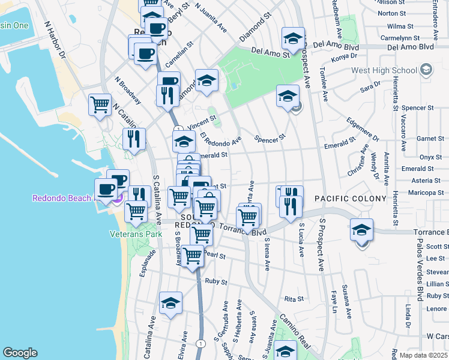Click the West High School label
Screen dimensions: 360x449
(x=384, y=70)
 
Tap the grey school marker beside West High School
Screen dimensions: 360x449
(x=426, y=70)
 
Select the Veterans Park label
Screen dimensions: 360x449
(x=136, y=234)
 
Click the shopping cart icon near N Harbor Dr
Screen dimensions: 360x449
(x=100, y=104)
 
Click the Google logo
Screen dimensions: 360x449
(x=20, y=353)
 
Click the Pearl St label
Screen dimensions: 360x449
(x=214, y=255)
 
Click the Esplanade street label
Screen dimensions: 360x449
(x=143, y=263)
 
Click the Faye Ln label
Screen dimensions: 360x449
(x=334, y=305)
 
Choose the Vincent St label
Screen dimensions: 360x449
(x=200, y=123)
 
